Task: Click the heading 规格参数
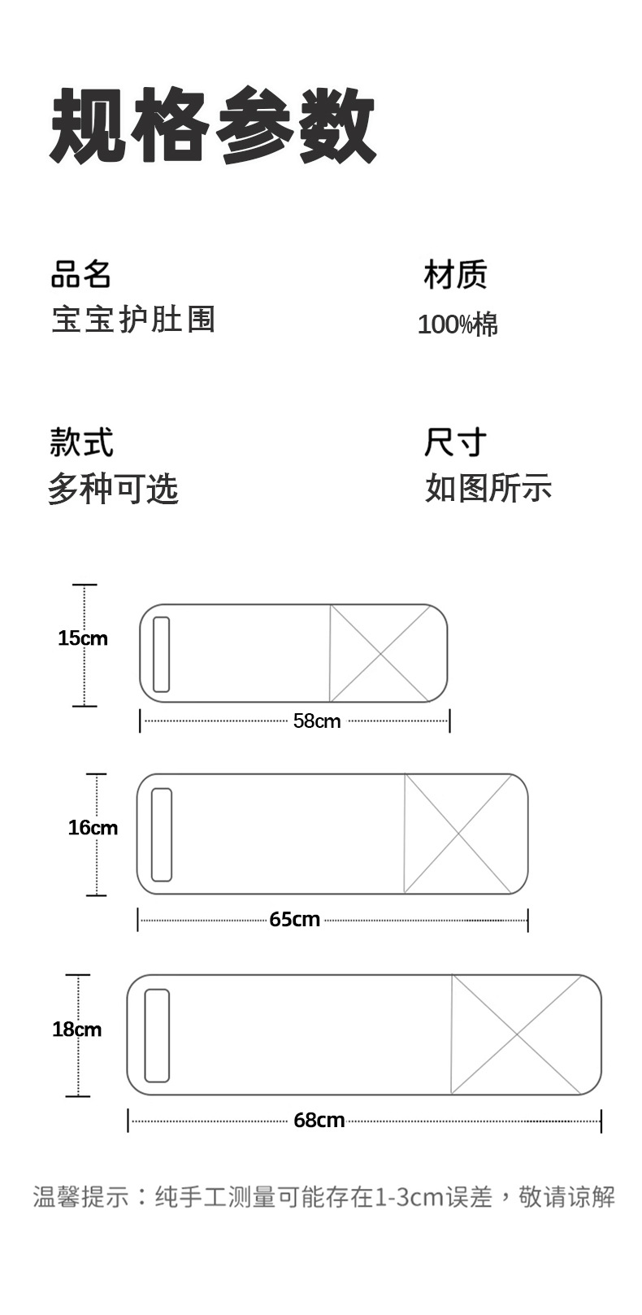(213, 126)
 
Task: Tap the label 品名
(80, 274)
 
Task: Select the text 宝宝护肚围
(133, 319)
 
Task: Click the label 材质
(455, 275)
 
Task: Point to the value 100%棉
(458, 324)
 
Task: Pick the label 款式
(81, 442)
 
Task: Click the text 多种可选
(113, 489)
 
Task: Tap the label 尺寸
(455, 442)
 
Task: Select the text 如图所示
(488, 489)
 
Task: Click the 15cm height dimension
(83, 638)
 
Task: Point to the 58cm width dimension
(317, 721)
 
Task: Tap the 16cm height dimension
(93, 828)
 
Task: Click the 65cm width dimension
(294, 920)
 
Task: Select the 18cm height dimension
(77, 1030)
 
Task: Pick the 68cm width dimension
(319, 1121)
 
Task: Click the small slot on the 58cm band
(162, 654)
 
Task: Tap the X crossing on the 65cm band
(458, 834)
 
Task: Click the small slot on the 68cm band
(157, 1035)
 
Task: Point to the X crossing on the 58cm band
(380, 653)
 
